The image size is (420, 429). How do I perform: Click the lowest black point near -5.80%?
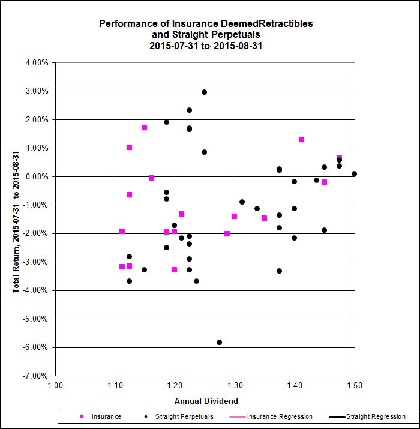click(219, 342)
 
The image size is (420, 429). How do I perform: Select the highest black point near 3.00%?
click(204, 92)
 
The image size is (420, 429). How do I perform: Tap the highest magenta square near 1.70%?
click(144, 127)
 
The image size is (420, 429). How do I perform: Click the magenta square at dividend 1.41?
click(301, 139)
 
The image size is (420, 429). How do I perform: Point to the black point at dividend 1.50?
click(354, 174)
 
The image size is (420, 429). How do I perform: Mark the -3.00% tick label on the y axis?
click(37, 262)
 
